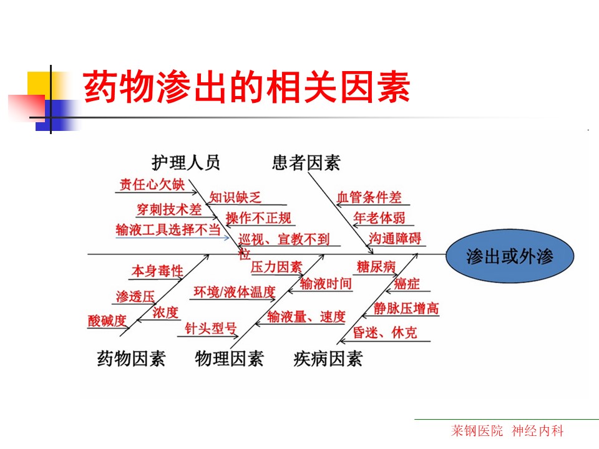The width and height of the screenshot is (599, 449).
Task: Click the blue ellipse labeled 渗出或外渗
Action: pyautogui.click(x=510, y=256)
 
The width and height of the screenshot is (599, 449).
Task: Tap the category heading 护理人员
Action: pyautogui.click(x=186, y=163)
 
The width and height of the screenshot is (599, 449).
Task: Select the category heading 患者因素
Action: pyautogui.click(x=306, y=163)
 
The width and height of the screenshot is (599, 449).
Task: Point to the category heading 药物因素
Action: pyautogui.click(x=131, y=359)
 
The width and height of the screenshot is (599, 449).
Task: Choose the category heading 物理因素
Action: pyautogui.click(x=229, y=359)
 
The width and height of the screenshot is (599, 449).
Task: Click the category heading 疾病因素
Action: pyautogui.click(x=328, y=359)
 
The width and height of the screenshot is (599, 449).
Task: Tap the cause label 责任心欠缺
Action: pyautogui.click(x=152, y=185)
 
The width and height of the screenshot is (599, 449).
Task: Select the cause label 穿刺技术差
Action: pyautogui.click(x=169, y=210)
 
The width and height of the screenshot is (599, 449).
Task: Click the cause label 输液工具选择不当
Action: pyautogui.click(x=168, y=230)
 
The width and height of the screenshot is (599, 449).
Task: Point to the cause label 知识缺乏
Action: pyautogui.click(x=235, y=198)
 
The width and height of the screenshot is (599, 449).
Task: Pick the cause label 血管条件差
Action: pyautogui.click(x=369, y=198)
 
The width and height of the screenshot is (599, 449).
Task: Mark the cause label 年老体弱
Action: pyautogui.click(x=379, y=218)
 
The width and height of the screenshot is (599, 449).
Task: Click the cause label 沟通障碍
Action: pyautogui.click(x=395, y=238)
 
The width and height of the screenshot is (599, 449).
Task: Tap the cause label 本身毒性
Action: pyautogui.click(x=157, y=271)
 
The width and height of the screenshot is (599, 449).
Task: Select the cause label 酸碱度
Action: pyautogui.click(x=107, y=321)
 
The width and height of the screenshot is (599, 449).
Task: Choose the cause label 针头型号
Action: pyautogui.click(x=211, y=329)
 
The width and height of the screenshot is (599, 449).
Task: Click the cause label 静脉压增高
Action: pyautogui.click(x=406, y=308)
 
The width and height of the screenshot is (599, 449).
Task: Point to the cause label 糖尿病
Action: pyautogui.click(x=376, y=266)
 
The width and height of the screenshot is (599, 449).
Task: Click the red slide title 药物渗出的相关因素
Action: pyautogui.click(x=246, y=87)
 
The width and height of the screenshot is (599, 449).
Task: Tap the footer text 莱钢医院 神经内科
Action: pyautogui.click(x=507, y=431)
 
